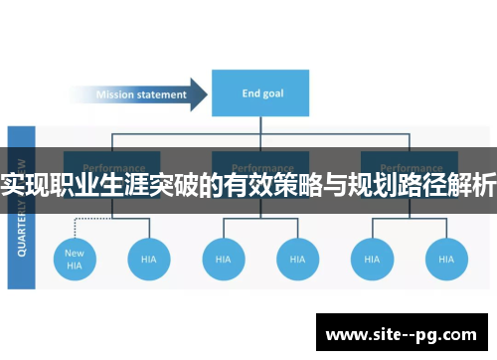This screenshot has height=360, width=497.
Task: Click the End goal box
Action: [x=260, y=94]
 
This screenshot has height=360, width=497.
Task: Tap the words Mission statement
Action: [x=141, y=95]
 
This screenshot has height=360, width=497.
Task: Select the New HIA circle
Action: [x=75, y=260]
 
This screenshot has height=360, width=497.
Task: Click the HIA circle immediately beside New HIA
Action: [x=148, y=260]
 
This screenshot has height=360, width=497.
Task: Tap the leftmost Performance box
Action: [x=112, y=167]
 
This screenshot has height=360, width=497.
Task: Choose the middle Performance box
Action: [x=260, y=167]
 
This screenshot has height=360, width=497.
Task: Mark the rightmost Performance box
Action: [x=409, y=167]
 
